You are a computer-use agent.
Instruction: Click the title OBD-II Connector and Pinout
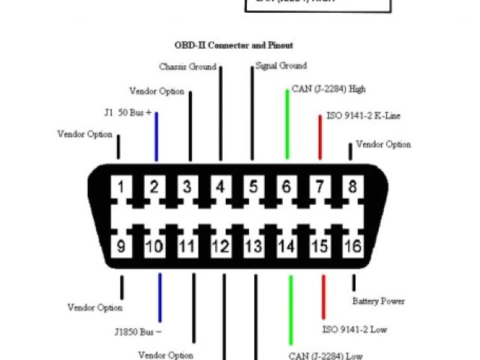click(233, 45)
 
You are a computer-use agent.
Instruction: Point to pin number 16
click(353, 244)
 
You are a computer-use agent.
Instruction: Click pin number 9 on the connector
click(121, 244)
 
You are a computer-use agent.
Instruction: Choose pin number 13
click(253, 244)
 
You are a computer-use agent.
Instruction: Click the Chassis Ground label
click(187, 67)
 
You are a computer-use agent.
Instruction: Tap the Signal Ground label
click(280, 66)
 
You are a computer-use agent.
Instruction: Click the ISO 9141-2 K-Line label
click(363, 116)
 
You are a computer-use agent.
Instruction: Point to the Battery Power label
click(378, 301)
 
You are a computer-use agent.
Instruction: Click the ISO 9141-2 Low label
click(354, 329)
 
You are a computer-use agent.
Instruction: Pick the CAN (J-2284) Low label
click(325, 355)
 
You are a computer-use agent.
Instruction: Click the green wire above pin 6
click(287, 124)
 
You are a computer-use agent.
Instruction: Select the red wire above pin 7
click(320, 136)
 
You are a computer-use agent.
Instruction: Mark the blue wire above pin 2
click(156, 136)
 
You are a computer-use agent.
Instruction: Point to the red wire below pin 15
click(324, 297)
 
